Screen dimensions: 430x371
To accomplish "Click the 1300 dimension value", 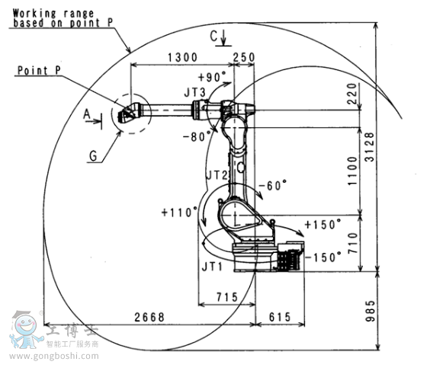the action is [182, 57].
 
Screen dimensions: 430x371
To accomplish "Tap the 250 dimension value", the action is [244, 57].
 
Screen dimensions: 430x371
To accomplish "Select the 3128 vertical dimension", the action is [370, 147].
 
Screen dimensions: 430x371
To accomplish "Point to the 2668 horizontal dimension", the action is [149, 317].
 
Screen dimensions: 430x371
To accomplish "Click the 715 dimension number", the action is [227, 297].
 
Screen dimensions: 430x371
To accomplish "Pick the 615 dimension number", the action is [280, 317].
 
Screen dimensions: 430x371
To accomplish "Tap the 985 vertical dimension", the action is [370, 311].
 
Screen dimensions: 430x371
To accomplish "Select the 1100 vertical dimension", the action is [353, 171].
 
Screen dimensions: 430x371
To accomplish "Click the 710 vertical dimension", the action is [353, 243].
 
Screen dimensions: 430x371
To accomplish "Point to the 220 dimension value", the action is [351, 94].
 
